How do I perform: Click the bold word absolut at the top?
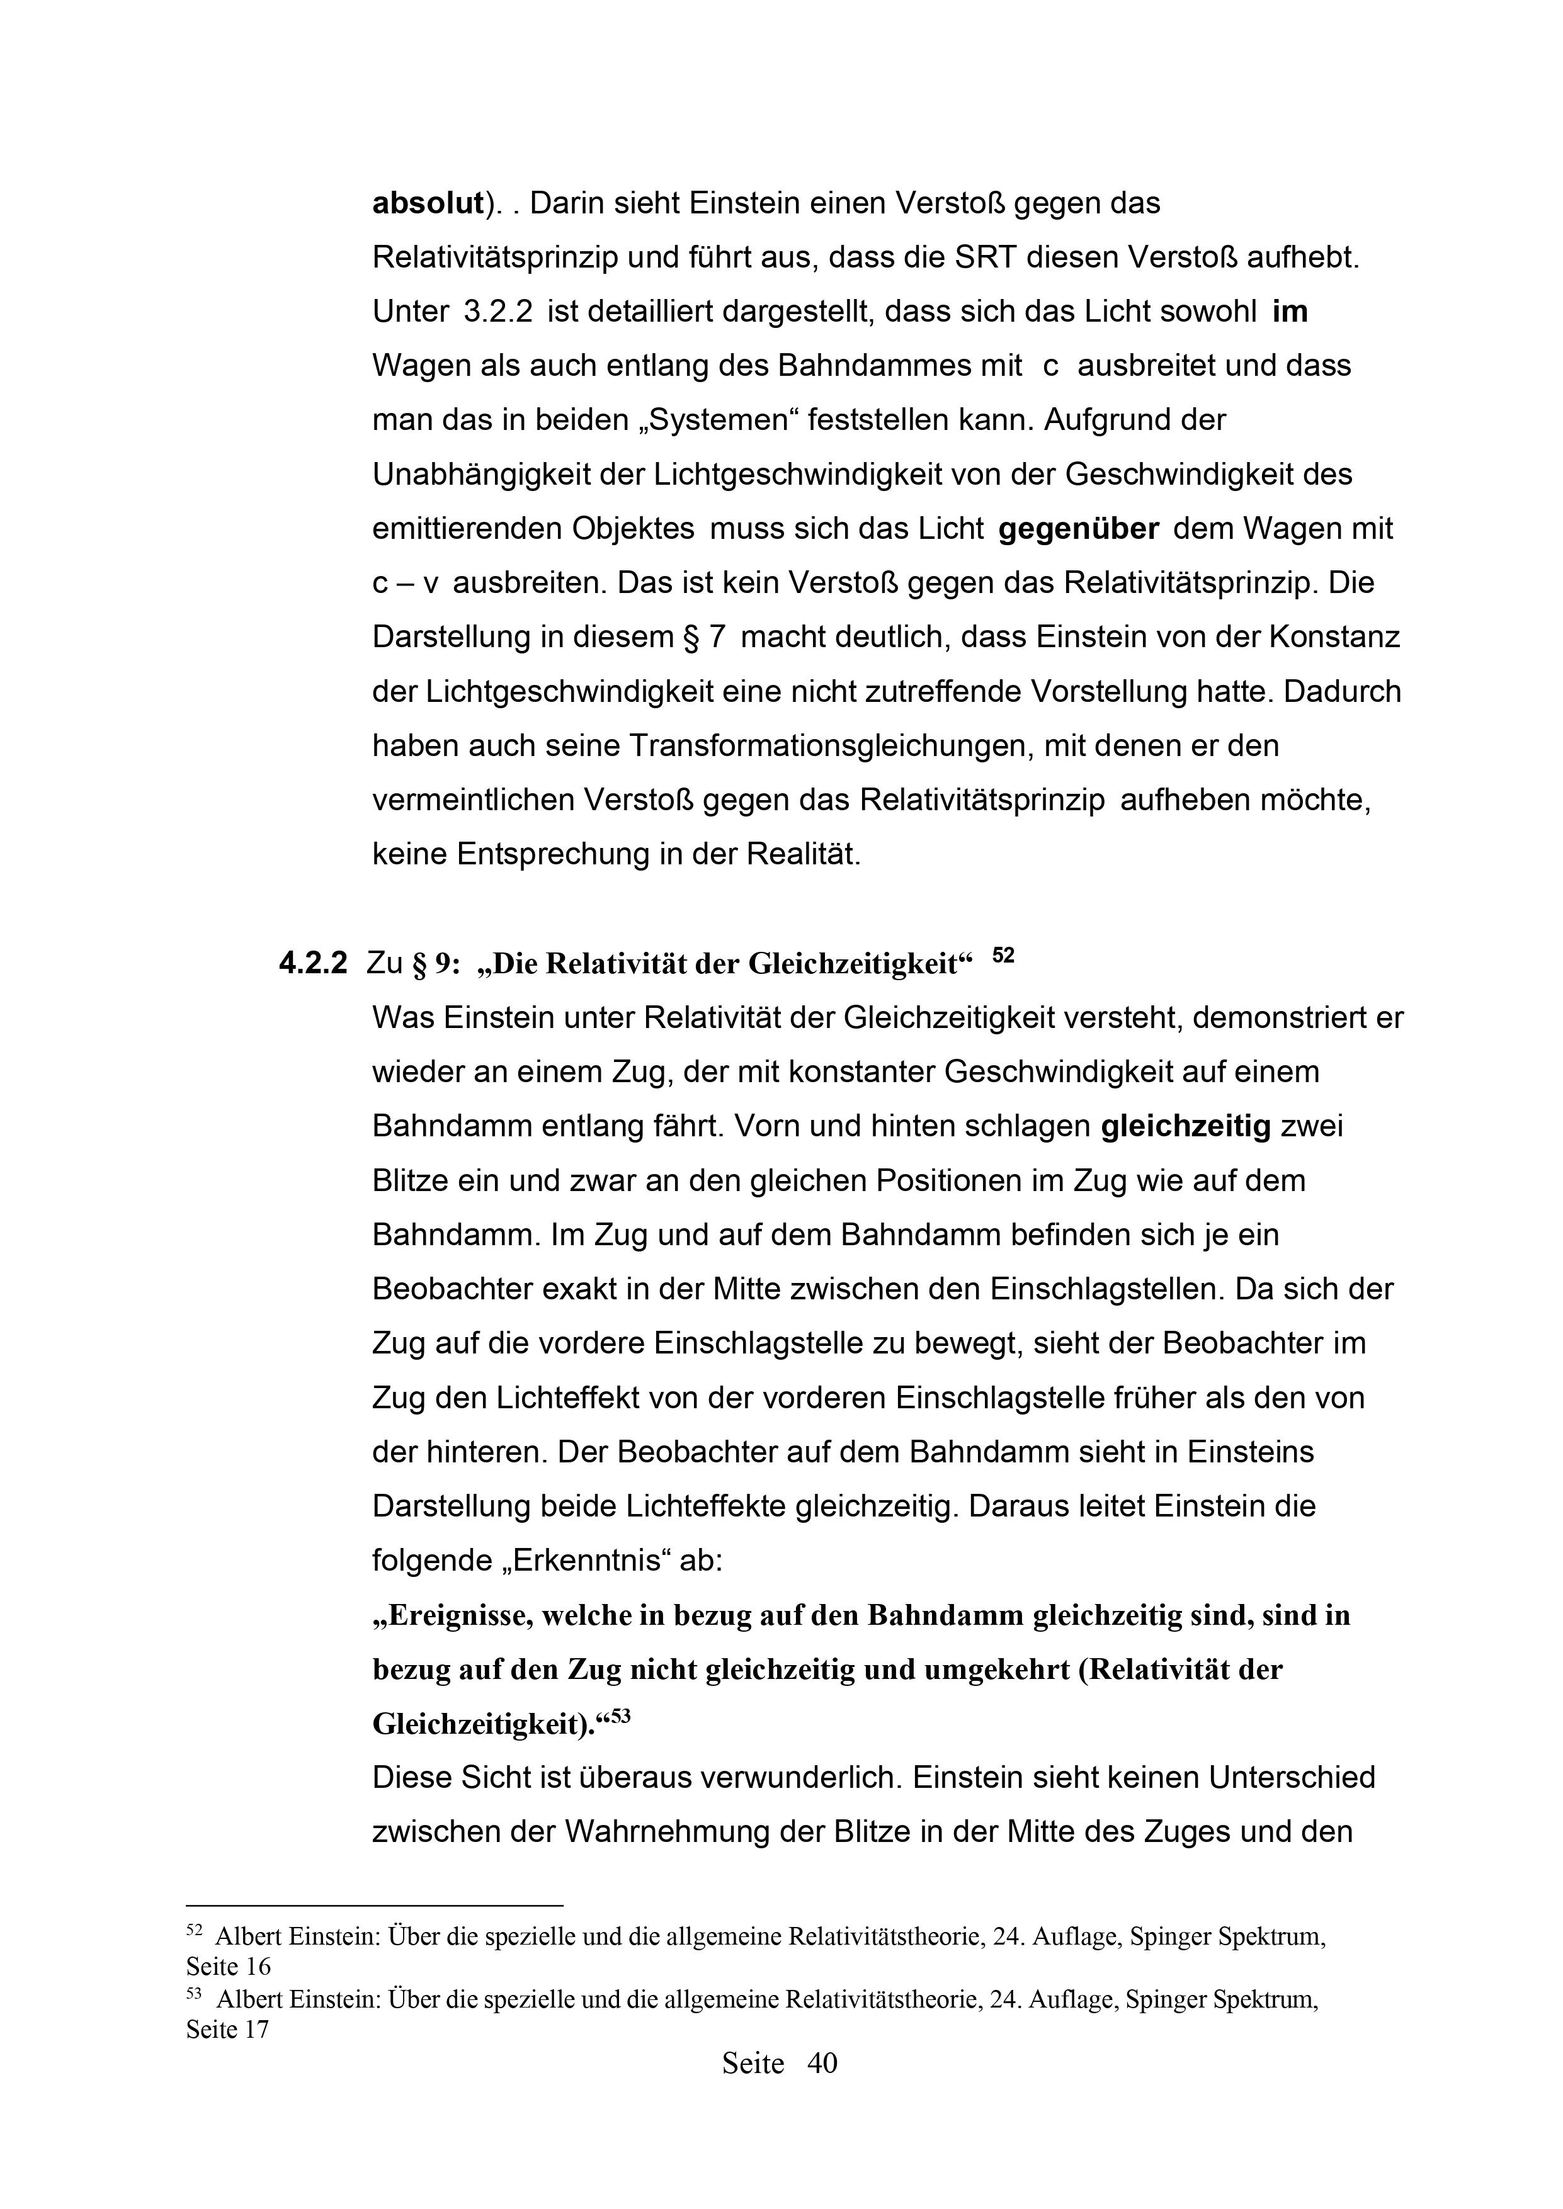[426, 204]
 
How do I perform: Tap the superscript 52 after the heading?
[1003, 956]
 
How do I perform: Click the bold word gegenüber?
[1079, 529]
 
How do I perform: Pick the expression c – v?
[406, 583]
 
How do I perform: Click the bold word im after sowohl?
[1290, 312]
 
